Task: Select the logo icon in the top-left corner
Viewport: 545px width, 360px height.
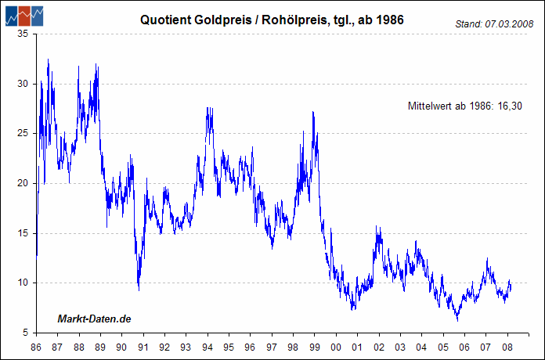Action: [x=23, y=15]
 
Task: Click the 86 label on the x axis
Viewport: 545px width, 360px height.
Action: [x=36, y=346]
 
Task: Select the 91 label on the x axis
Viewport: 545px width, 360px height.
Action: [x=143, y=346]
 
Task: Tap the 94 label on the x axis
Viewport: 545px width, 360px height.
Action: [x=207, y=346]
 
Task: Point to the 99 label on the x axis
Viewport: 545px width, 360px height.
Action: [x=314, y=346]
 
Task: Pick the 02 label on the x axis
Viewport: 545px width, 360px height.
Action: [x=378, y=346]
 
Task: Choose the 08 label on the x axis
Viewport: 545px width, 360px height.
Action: [x=507, y=346]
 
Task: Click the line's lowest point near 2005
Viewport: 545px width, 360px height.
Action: [x=457, y=320]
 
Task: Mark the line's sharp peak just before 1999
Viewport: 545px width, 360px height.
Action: [x=313, y=113]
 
